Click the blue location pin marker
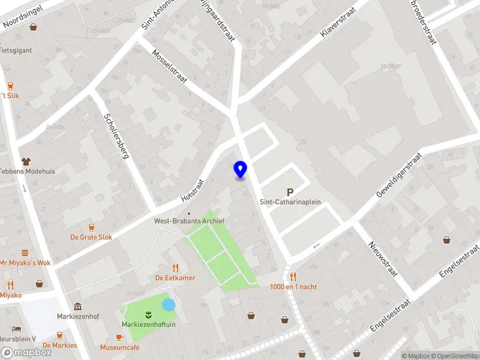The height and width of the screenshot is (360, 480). (241, 170)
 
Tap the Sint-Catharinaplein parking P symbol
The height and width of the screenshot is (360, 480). (290, 193)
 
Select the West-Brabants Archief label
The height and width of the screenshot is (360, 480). (190, 221)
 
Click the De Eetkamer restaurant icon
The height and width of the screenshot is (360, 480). (176, 267)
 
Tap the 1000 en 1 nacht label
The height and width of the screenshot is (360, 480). (293, 287)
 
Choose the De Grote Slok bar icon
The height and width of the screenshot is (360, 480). (91, 227)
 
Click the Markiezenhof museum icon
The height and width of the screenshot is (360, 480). (77, 306)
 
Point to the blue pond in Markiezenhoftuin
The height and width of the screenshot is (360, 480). (169, 305)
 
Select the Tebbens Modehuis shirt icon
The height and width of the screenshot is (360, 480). (26, 161)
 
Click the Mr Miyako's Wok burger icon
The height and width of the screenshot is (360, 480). (25, 253)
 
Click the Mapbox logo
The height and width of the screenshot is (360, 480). (26, 353)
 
